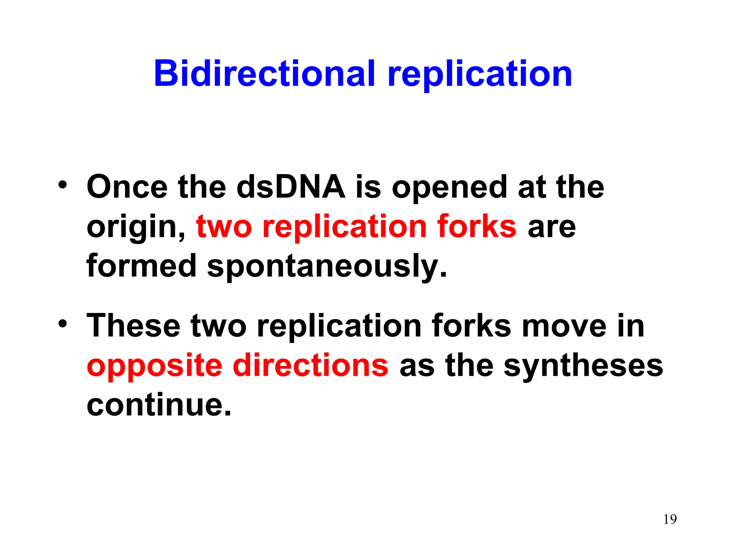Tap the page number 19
[x=670, y=519]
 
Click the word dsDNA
[x=291, y=187]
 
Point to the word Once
[x=127, y=187]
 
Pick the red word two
[x=224, y=227]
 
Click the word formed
[x=141, y=266]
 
